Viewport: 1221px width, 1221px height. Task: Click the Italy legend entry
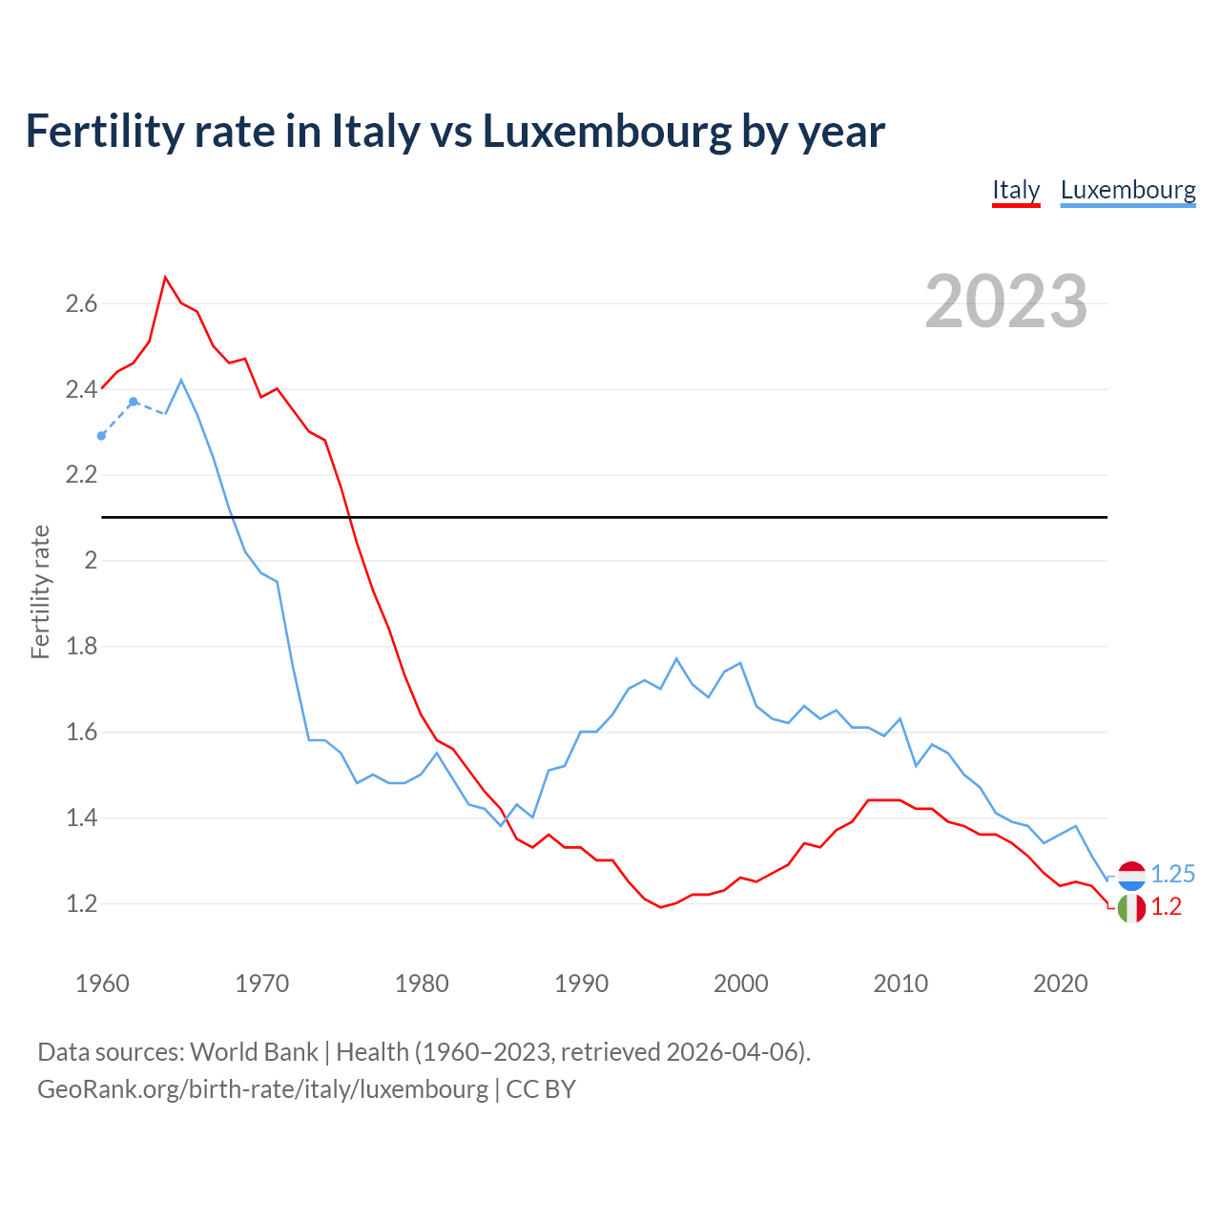tap(1016, 190)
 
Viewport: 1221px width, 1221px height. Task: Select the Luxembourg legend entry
tap(1128, 190)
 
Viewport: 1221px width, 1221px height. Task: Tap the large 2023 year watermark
tap(1005, 301)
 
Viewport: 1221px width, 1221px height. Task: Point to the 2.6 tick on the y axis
tap(81, 304)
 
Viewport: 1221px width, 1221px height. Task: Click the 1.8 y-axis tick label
tap(81, 647)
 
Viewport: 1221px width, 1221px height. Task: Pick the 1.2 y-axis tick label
tap(81, 903)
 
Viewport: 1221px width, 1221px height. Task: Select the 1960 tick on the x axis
tap(102, 983)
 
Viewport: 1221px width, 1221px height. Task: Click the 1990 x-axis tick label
tap(581, 983)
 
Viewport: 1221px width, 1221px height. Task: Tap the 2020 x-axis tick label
tap(1060, 983)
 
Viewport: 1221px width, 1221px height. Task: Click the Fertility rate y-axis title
tap(40, 591)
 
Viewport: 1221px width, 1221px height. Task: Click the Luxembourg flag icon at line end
tap(1131, 875)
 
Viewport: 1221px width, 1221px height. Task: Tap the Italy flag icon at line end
tap(1131, 908)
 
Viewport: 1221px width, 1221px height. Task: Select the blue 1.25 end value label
tap(1172, 874)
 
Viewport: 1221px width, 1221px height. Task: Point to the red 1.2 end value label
tap(1166, 907)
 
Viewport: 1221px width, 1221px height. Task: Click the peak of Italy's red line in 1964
tap(166, 278)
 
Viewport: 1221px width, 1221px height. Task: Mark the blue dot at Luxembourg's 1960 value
tap(102, 436)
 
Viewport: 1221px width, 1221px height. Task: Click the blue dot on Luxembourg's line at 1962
tap(134, 402)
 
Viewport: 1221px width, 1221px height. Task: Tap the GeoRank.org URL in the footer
tap(262, 1088)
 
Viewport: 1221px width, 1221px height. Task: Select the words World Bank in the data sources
tap(254, 1052)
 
